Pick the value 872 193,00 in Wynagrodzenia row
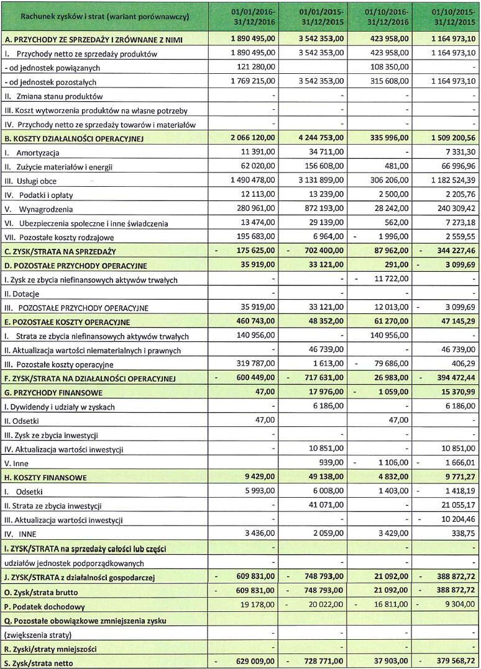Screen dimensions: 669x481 click(x=321, y=209)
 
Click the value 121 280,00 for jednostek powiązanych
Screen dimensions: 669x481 click(x=255, y=68)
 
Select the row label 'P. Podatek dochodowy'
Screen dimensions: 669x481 click(x=44, y=606)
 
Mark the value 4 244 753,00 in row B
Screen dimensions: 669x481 click(x=317, y=138)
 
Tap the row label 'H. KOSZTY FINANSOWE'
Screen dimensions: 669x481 click(x=45, y=478)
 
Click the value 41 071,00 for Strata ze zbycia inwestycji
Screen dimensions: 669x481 click(x=324, y=506)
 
